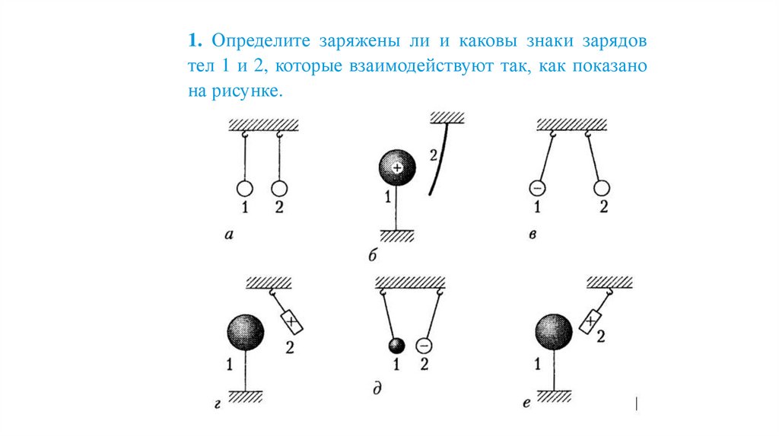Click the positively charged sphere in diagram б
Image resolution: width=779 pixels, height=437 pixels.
pyautogui.click(x=396, y=167)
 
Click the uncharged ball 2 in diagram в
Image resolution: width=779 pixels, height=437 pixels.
pyautogui.click(x=602, y=188)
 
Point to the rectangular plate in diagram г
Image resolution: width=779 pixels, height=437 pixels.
pyautogui.click(x=291, y=321)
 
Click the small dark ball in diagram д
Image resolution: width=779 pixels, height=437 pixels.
pyautogui.click(x=396, y=346)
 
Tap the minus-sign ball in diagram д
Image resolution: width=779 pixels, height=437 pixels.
pyautogui.click(x=424, y=346)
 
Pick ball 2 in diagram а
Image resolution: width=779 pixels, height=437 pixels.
pyautogui.click(x=279, y=188)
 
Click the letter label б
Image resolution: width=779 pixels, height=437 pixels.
pyautogui.click(x=373, y=255)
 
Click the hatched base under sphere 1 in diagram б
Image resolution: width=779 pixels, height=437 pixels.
pyautogui.click(x=397, y=235)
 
